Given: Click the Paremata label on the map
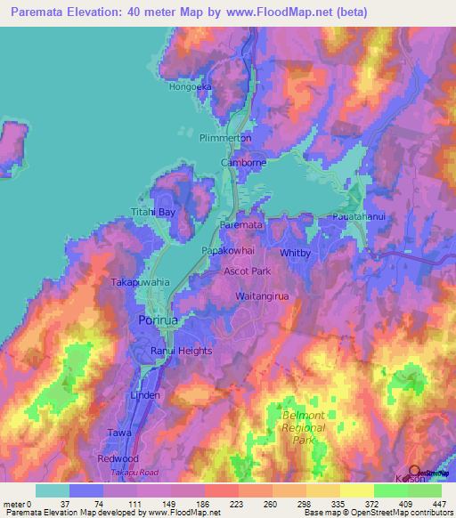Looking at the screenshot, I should point(240,226).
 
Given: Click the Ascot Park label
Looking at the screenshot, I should point(247,270).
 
